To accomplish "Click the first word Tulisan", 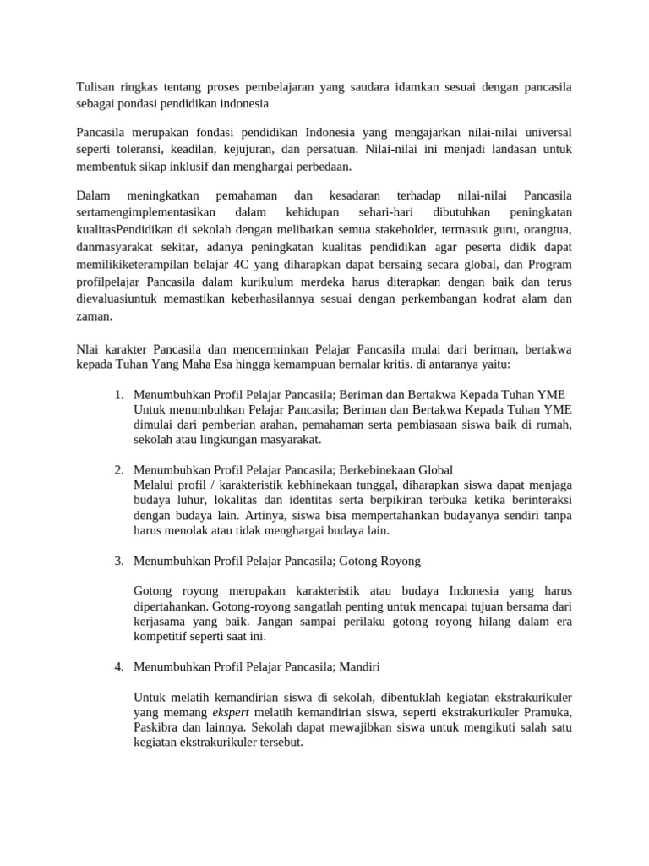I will (95, 87).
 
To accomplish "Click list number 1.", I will (119, 395).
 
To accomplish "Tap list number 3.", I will (119, 560).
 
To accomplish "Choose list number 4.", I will (119, 666).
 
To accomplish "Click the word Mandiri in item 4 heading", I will (359, 666).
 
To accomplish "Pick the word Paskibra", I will (161, 728).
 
